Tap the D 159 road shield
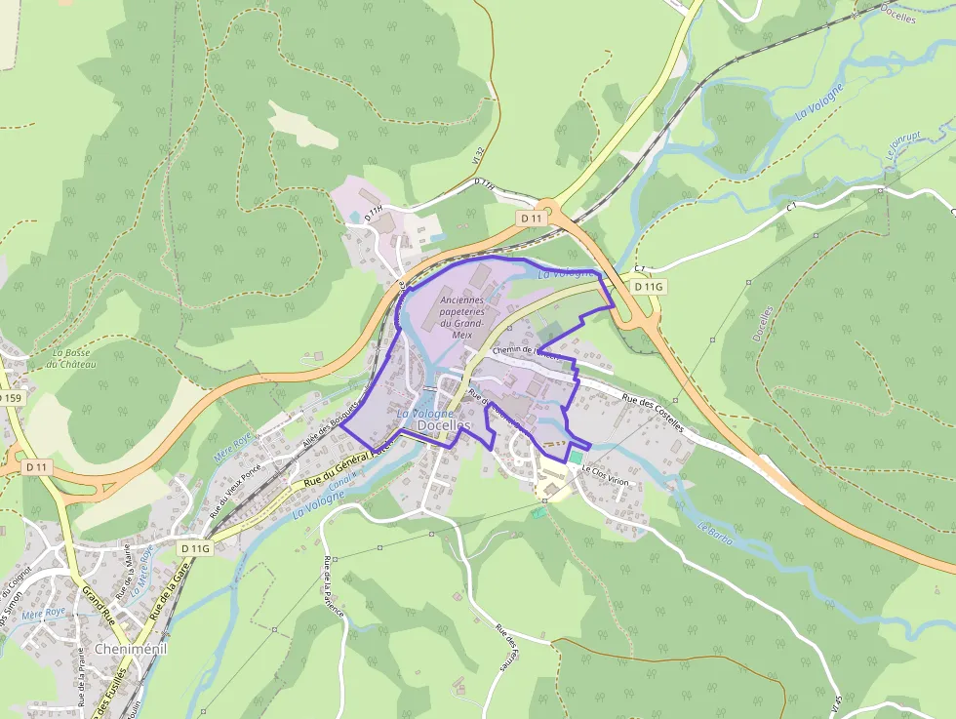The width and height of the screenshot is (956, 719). (x=10, y=398)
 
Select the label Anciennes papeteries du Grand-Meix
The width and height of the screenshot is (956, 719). (x=461, y=317)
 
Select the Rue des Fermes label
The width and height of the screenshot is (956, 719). (x=504, y=648)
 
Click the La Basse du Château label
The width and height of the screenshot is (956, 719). (x=75, y=358)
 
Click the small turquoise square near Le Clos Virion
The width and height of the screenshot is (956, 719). (x=576, y=457)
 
